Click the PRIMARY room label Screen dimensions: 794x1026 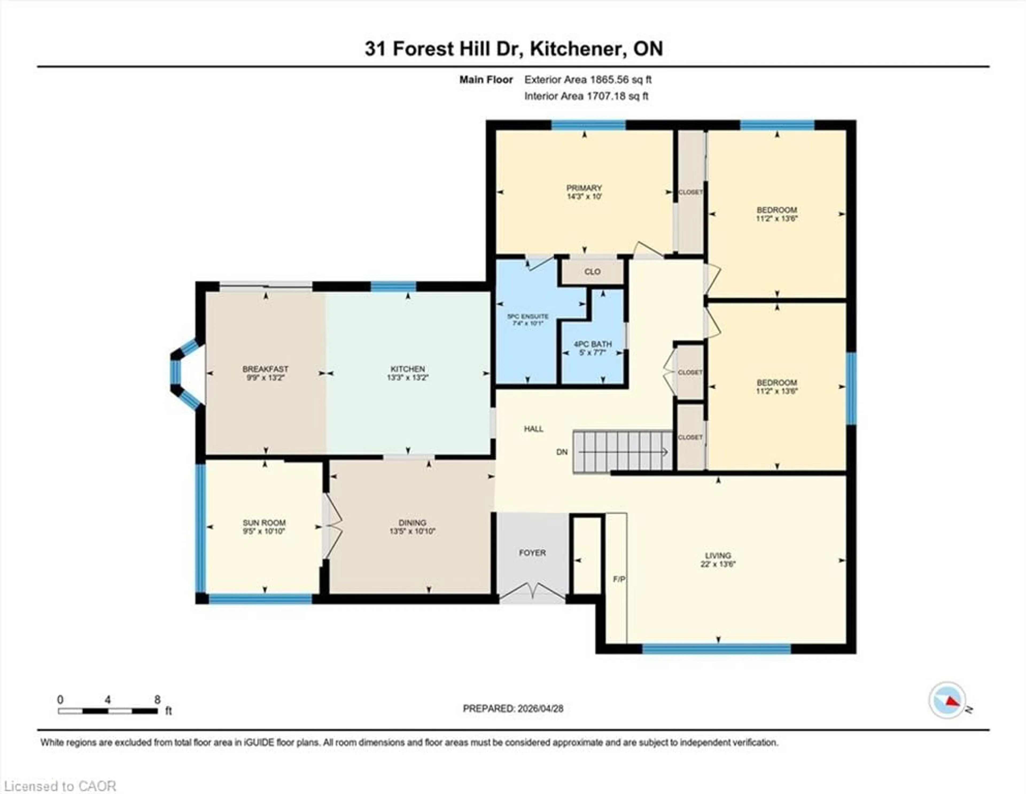(x=584, y=188)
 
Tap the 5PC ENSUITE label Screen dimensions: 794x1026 (x=528, y=316)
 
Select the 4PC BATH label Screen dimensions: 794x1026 (x=592, y=344)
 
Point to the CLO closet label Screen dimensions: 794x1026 (x=592, y=272)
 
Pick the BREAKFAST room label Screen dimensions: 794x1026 (x=265, y=369)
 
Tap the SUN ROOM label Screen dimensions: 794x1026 (x=264, y=523)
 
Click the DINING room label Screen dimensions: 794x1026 (x=413, y=523)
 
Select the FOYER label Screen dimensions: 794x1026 (x=532, y=553)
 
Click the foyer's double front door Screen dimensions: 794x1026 (x=532, y=592)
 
